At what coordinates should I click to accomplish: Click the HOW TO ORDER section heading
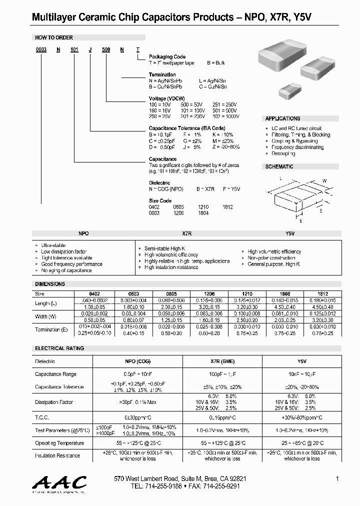(x=54, y=37)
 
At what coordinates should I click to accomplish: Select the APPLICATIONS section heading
(x=283, y=118)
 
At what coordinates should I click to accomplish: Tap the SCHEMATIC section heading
(x=279, y=166)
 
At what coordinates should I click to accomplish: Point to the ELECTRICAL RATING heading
(x=59, y=348)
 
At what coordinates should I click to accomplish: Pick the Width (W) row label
(x=48, y=316)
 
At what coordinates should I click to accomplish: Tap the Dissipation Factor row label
(x=54, y=402)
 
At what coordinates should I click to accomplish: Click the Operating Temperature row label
(x=59, y=443)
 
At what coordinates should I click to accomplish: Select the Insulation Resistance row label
(x=57, y=455)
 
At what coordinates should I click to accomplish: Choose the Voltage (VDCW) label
(x=165, y=98)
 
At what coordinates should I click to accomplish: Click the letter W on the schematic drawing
(x=324, y=180)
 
